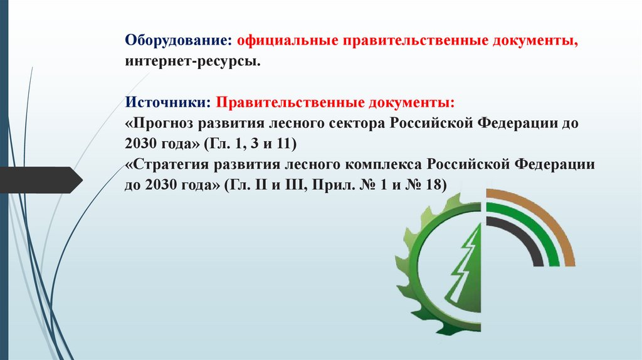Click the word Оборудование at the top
177,40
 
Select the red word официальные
285,40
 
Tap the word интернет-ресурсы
191,62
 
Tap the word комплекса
384,164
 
